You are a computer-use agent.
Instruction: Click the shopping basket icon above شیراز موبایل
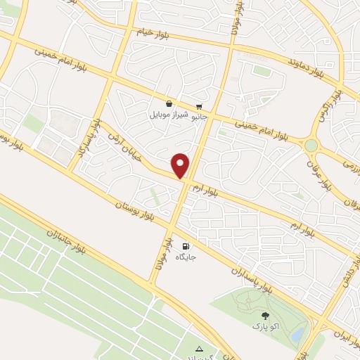169,103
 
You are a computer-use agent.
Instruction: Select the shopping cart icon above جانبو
200,106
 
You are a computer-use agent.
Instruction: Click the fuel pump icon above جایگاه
185,246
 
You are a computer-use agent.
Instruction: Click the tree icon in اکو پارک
264,316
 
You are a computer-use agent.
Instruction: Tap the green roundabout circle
310,145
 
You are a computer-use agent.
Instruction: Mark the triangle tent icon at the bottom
200,348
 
